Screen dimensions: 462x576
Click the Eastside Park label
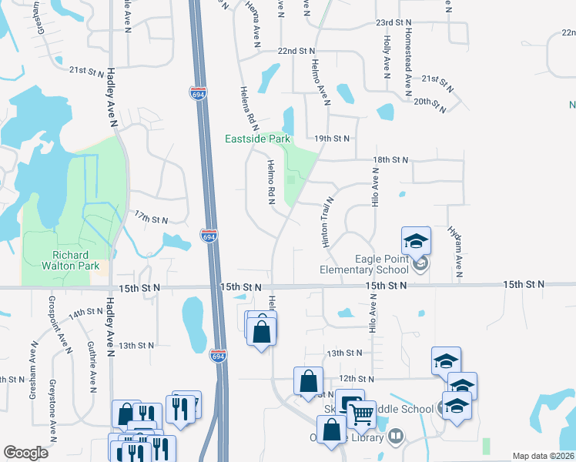[x=257, y=139]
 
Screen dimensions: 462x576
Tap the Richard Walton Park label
[x=76, y=260]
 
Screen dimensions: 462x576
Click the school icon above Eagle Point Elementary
[x=416, y=241]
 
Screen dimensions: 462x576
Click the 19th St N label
[x=332, y=139]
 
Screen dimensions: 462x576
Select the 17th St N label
[x=151, y=219]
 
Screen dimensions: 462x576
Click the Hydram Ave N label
[x=457, y=252]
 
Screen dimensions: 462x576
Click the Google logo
[x=26, y=453]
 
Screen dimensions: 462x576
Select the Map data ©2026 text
[x=543, y=456]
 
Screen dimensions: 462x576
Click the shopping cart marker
[x=360, y=416]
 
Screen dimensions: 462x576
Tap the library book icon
[x=395, y=437]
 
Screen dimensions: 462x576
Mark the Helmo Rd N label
[x=271, y=182]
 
